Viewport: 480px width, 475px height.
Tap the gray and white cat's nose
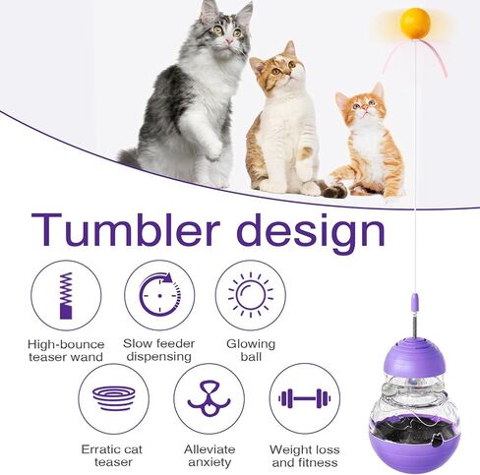pyautogui.click(x=228, y=40)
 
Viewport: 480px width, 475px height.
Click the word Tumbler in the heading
pyautogui.click(x=126, y=229)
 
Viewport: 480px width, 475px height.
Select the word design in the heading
pyautogui.click(x=310, y=233)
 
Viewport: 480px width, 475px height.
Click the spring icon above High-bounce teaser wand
pyautogui.click(x=66, y=295)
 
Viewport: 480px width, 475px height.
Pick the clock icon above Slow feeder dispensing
pyautogui.click(x=160, y=295)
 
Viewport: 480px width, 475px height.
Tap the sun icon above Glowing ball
pyautogui.click(x=251, y=295)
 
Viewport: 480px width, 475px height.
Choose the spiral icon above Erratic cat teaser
pyautogui.click(x=114, y=398)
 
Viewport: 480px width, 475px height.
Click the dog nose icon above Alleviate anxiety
pyautogui.click(x=209, y=398)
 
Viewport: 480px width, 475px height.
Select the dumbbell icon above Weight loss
pyautogui.click(x=305, y=398)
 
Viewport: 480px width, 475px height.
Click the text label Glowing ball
pyautogui.click(x=251, y=350)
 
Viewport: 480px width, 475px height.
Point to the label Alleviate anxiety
pyautogui.click(x=210, y=455)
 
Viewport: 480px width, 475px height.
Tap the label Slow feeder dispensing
pyautogui.click(x=159, y=350)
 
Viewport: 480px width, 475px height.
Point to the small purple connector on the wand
pyautogui.click(x=415, y=304)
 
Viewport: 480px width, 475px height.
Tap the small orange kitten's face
pyautogui.click(x=364, y=106)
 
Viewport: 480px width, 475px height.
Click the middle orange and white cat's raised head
pyautogui.click(x=278, y=67)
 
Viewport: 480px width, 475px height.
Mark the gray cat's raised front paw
pyautogui.click(x=213, y=150)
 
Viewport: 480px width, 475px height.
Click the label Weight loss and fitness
pyautogui.click(x=305, y=456)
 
